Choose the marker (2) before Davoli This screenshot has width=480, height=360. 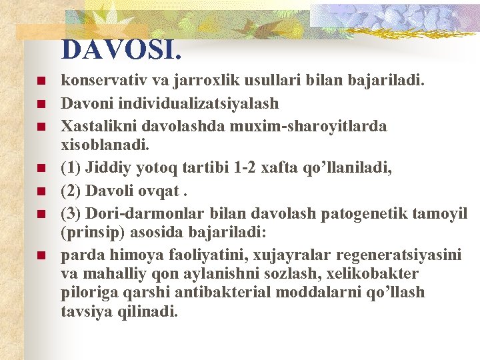coord(70,191)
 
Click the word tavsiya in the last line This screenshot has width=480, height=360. coord(84,311)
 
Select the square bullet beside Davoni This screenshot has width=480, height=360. coord(41,104)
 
